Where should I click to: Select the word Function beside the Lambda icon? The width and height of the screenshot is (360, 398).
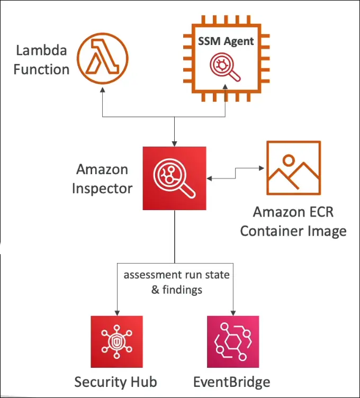point(41,69)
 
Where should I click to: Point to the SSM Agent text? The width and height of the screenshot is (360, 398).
point(226,41)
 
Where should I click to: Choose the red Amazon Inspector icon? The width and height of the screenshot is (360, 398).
point(174,178)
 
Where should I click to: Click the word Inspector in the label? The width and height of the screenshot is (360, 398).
point(102,188)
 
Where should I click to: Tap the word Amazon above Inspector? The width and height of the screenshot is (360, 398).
point(102,169)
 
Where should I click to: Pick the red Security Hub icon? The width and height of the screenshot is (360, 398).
point(116,341)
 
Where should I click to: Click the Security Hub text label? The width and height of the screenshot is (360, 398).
point(115,382)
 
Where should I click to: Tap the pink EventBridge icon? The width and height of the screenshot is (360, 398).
point(233,341)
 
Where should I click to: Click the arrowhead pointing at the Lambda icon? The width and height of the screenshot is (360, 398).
point(103,93)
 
